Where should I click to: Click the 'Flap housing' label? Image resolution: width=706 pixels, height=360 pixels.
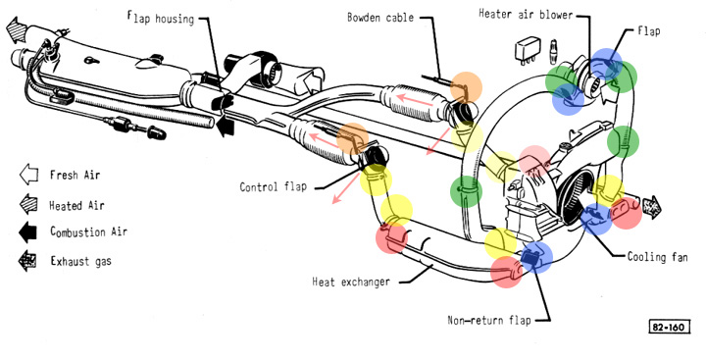[160, 19]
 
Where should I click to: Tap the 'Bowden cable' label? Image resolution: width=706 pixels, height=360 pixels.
[380, 18]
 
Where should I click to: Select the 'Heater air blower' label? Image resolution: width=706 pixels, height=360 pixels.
[526, 14]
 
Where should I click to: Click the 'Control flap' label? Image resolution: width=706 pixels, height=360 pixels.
[273, 186]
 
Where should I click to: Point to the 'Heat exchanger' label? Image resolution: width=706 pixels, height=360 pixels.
[351, 283]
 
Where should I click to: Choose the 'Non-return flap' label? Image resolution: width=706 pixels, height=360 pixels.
[489, 320]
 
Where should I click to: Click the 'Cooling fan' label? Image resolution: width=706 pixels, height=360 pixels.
[657, 257]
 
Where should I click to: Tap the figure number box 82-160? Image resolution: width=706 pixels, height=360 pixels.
[669, 327]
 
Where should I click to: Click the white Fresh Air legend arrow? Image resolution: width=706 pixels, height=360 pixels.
[29, 175]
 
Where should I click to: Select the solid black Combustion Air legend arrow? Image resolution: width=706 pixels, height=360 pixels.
[27, 232]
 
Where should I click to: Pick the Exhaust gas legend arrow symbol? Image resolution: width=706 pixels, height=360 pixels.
[27, 261]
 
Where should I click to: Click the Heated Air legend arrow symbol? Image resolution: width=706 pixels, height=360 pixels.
[28, 204]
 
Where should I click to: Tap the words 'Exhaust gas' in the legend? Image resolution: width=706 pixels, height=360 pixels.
[80, 261]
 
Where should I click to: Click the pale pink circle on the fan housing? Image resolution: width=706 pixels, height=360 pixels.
[534, 161]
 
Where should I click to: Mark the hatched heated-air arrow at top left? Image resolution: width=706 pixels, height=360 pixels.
[17, 28]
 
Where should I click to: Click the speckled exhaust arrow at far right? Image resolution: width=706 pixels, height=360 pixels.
[651, 206]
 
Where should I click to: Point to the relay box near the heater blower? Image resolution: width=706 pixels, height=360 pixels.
[528, 49]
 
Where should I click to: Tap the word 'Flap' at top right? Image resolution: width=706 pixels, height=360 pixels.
[649, 31]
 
